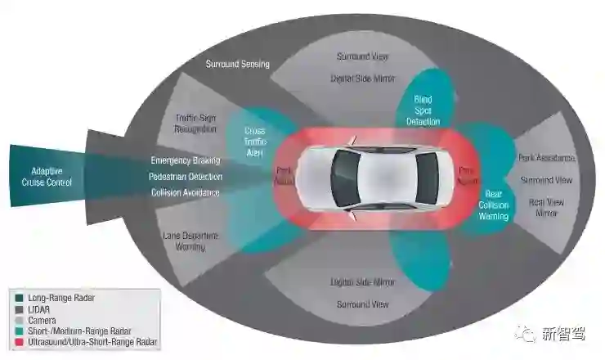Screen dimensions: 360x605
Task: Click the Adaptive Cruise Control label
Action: coord(52,177)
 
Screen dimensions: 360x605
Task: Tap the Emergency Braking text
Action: coord(186,160)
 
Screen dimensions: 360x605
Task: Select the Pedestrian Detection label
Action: coord(186,177)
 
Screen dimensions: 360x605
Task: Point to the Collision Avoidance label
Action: coord(186,193)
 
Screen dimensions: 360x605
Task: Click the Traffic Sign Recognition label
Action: coord(196,124)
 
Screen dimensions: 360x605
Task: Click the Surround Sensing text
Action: coord(238,64)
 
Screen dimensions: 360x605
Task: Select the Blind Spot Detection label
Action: coord(423,110)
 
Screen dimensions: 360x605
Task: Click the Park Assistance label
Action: coord(548,157)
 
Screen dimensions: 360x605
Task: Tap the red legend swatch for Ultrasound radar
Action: coord(19,341)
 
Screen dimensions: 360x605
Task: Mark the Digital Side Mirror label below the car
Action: coord(363,282)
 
